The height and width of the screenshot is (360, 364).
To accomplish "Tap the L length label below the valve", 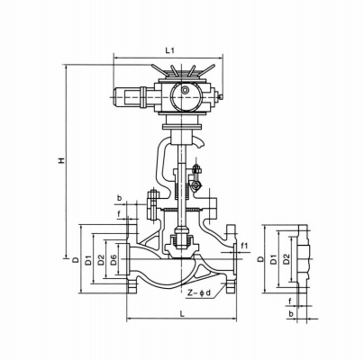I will pyautogui.click(x=183, y=312).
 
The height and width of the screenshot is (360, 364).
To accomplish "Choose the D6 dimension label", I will pyautogui.click(x=112, y=261).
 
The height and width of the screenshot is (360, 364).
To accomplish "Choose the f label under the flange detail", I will pyautogui.click(x=289, y=301).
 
